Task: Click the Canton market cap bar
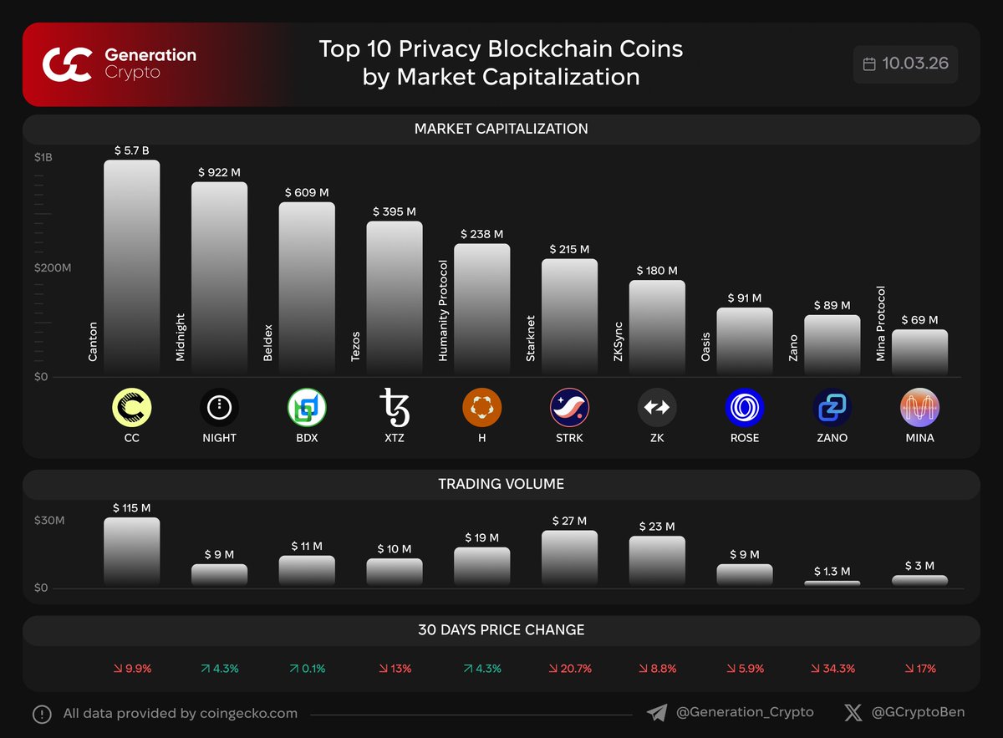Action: [x=131, y=267]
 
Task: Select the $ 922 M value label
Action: [x=219, y=171]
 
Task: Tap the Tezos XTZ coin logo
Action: [x=395, y=407]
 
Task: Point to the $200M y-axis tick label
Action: [x=53, y=267]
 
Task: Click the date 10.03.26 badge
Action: [x=905, y=64]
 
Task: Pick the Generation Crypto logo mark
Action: [x=67, y=64]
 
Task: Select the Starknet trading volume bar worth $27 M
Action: [x=569, y=557]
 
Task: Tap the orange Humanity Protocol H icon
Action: [x=481, y=407]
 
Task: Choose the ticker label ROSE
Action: [x=744, y=437]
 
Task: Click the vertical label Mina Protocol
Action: [x=881, y=324]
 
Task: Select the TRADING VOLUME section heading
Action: [x=501, y=484]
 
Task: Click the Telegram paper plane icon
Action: [x=657, y=713]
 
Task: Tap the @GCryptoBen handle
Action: [x=917, y=713]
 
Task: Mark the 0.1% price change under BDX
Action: [x=306, y=669]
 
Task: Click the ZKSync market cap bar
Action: [x=657, y=328]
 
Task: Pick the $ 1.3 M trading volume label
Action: [x=832, y=572]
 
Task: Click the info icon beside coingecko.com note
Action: [x=42, y=714]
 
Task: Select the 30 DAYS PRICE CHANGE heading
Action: [x=501, y=630]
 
